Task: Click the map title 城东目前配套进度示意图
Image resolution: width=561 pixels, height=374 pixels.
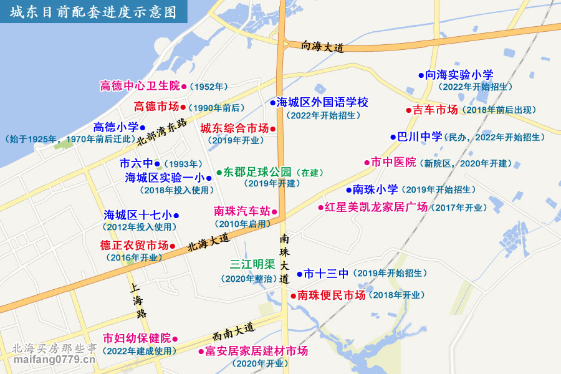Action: (93, 13)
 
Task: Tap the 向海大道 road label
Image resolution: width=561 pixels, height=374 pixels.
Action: (322, 46)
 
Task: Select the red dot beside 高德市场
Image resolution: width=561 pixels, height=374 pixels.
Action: (183, 107)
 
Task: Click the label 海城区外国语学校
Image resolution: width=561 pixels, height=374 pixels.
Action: (323, 102)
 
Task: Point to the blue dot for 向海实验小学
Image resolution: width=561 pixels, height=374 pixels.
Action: (421, 75)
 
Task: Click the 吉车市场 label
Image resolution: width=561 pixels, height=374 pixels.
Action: (435, 110)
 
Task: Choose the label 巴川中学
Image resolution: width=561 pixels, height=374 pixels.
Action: (420, 137)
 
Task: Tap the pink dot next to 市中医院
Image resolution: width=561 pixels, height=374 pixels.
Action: (367, 163)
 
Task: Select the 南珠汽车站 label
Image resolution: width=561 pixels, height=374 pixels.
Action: (242, 211)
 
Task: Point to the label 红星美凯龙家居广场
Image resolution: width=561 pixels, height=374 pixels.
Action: (376, 207)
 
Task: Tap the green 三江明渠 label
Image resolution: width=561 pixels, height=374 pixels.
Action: (252, 265)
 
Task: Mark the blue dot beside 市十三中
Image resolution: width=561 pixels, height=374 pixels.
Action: (299, 274)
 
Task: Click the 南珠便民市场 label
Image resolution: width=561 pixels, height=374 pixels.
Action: (331, 295)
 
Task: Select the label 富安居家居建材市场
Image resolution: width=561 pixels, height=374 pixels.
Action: (257, 352)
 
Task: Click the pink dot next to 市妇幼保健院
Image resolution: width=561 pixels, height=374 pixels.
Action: (175, 338)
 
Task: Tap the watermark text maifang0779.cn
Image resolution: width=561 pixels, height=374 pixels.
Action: (54, 360)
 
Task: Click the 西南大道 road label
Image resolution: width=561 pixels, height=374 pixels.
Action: (234, 331)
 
